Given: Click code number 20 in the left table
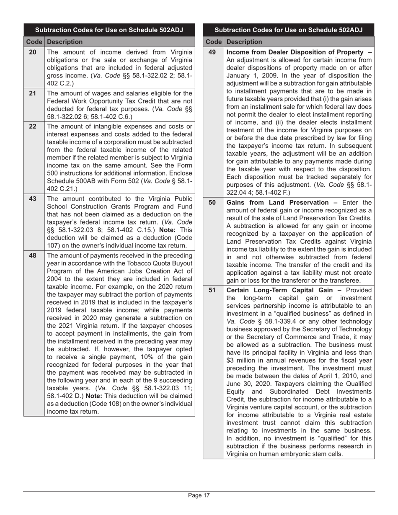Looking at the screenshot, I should point(33,52).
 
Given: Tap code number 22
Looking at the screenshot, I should point(33,126).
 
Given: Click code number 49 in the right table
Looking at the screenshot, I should point(212,52).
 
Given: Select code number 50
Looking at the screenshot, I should point(212,202).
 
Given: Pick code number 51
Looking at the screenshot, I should point(212,290).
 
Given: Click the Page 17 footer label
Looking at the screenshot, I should point(199,496).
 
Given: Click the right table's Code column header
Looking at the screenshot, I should point(213,42).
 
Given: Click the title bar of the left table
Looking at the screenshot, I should point(109,30).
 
